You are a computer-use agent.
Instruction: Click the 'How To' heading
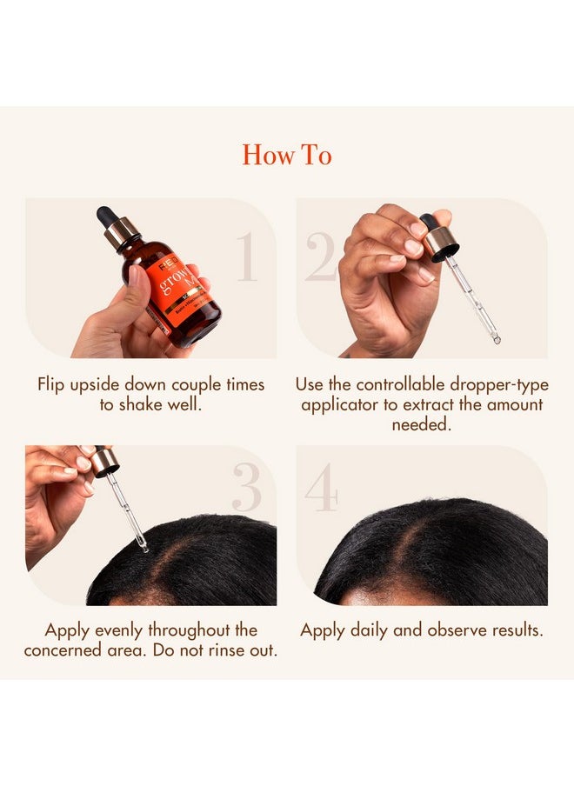point(287,155)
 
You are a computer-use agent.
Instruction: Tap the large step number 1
point(247,257)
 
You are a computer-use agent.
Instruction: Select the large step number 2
point(321,257)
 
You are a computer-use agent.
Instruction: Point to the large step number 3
point(246,489)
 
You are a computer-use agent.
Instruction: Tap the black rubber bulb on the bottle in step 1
point(107,216)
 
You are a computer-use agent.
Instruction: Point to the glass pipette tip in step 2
point(496,337)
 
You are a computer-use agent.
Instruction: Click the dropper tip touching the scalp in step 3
point(143,547)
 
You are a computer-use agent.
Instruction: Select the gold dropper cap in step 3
point(105,462)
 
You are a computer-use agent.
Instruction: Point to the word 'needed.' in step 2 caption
point(422,424)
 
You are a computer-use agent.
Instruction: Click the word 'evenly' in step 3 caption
point(117,630)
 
